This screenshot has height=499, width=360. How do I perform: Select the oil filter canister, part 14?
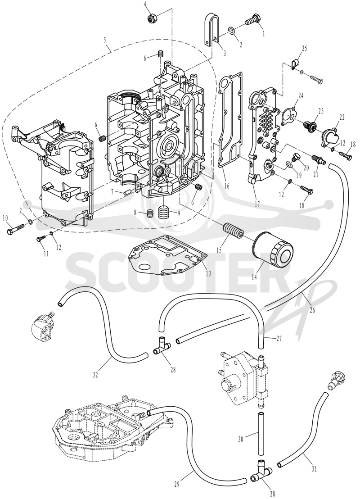pyautogui.click(x=272, y=253)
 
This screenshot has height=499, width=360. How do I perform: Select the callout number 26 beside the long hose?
pyautogui.click(x=312, y=310)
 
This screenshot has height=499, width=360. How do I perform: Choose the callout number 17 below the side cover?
pyautogui.click(x=257, y=204)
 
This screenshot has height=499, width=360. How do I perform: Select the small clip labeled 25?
pyautogui.click(x=294, y=64)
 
